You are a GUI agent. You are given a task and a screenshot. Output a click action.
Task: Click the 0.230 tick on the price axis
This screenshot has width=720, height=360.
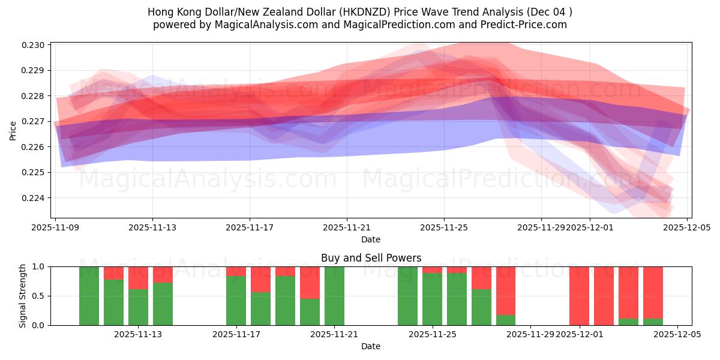point(35,45)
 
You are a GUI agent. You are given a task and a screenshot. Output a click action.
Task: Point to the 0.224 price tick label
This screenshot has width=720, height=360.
point(35,198)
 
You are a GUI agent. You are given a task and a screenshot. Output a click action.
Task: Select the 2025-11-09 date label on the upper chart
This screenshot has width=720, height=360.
point(55,228)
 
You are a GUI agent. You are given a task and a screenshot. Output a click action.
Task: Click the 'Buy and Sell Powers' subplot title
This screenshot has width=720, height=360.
point(371,258)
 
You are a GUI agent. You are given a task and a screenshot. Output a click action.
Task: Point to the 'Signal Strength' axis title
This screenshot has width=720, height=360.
point(23,296)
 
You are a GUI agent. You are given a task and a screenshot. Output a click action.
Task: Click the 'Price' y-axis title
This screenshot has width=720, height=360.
point(13,130)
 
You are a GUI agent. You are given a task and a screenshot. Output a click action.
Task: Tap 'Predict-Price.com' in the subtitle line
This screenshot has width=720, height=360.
point(520,25)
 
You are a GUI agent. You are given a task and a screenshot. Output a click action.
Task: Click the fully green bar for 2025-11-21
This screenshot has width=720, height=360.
point(334,296)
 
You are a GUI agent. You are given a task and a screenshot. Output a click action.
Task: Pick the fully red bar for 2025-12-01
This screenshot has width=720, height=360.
point(579,296)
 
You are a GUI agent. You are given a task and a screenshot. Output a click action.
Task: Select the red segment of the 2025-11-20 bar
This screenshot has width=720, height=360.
point(310,282)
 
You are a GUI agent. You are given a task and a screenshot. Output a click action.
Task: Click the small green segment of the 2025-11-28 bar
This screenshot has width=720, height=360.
point(506,320)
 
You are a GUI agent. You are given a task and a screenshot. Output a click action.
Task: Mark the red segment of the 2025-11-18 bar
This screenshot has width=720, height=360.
point(260,279)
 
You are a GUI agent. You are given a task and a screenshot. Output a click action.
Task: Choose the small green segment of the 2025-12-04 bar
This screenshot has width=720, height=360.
point(653,322)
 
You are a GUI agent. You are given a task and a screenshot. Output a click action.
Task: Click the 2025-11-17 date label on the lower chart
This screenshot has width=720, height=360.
point(236,335)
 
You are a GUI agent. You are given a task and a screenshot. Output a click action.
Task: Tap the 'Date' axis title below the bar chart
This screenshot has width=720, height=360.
point(371,346)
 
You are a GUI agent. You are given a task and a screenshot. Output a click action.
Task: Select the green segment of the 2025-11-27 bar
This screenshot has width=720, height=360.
point(481,307)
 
